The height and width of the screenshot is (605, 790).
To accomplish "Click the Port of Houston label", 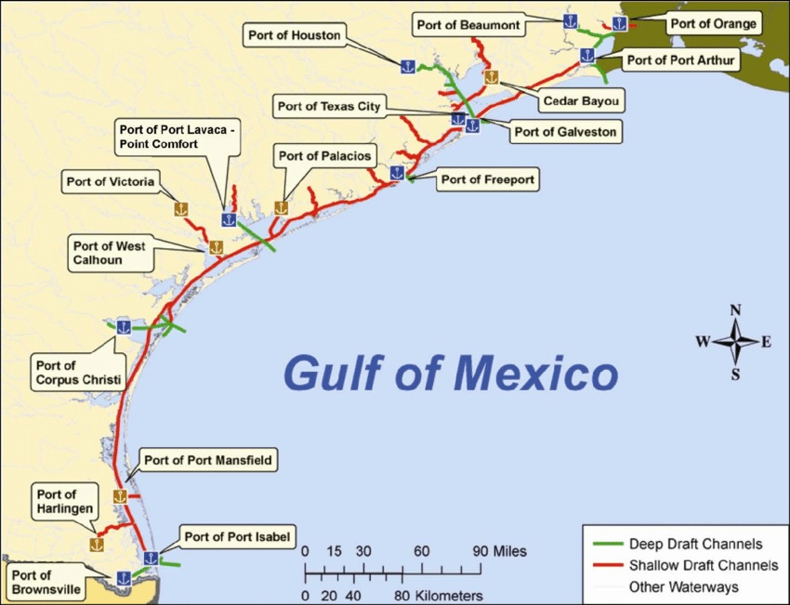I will [294, 35].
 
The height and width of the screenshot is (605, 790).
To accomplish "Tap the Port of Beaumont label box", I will [467, 24].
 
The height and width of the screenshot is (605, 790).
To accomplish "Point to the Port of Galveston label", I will [564, 132].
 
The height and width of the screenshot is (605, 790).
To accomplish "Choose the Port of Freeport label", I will [488, 179].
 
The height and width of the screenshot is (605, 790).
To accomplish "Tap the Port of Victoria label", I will [111, 181].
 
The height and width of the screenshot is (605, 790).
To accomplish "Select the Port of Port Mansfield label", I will [210, 460].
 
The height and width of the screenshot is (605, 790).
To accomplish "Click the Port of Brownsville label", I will [45, 582].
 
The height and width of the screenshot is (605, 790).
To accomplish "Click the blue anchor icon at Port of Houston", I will [407, 66].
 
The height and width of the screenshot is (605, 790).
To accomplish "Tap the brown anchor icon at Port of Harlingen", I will [95, 544].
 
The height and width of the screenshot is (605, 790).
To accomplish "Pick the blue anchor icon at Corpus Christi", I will [123, 326].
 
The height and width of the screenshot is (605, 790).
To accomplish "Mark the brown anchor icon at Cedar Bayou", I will [491, 78].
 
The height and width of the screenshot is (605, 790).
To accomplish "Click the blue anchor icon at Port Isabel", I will [151, 559].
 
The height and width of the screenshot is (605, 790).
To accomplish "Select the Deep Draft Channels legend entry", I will [695, 544].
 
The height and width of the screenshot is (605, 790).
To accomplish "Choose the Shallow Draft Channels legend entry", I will [703, 565].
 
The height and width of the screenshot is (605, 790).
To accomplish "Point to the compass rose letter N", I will [735, 310].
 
